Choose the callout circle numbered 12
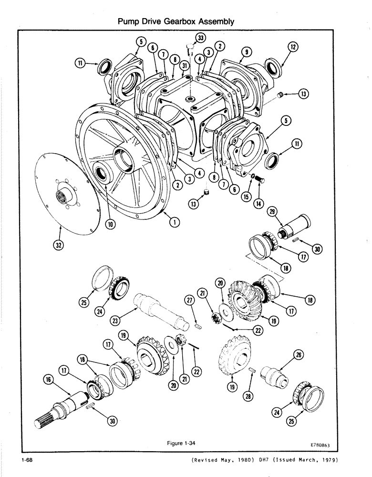coord(293,48)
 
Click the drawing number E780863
coord(316,445)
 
